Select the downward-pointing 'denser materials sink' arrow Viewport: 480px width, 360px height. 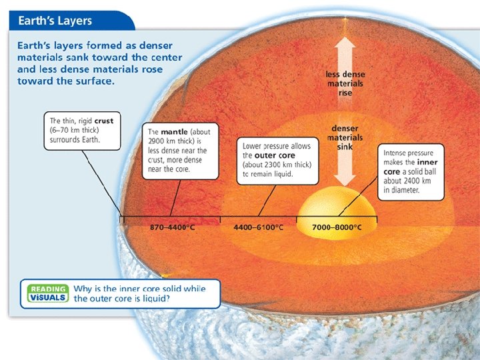(x=345, y=170)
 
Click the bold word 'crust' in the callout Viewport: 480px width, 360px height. (x=104, y=121)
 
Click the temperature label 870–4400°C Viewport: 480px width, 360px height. (x=172, y=227)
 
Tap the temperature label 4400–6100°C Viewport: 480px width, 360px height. (x=258, y=227)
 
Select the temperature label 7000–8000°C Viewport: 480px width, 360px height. (x=337, y=227)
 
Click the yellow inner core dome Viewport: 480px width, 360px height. (x=337, y=203)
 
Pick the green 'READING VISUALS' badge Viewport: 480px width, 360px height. (x=47, y=293)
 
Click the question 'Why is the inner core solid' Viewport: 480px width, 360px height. (x=139, y=289)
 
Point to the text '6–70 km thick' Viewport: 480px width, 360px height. (x=75, y=131)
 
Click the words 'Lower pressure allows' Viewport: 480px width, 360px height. (x=277, y=146)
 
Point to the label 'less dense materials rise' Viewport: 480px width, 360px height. (x=345, y=84)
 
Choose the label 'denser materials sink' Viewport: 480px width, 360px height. (x=345, y=137)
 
